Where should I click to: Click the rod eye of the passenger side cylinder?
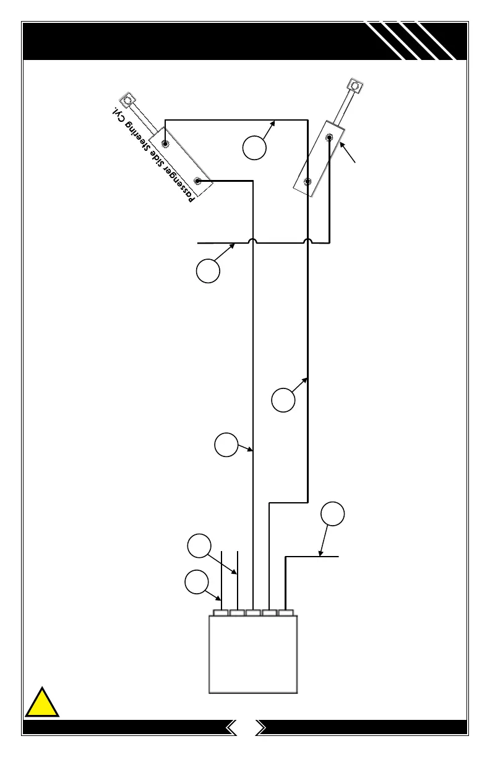(x=128, y=100)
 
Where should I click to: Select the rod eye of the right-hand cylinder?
(x=355, y=85)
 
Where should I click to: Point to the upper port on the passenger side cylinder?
(x=165, y=144)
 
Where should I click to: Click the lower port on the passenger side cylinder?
(x=197, y=181)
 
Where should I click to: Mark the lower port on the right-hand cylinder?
(x=308, y=182)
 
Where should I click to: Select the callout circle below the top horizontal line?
(x=254, y=148)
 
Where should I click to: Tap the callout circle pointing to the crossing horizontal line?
(x=208, y=271)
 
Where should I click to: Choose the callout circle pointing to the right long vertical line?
(x=283, y=400)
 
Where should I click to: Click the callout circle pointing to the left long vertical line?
(x=226, y=445)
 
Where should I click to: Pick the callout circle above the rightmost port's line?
(x=332, y=515)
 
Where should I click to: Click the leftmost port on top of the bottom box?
(x=221, y=613)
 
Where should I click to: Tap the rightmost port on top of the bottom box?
(x=285, y=613)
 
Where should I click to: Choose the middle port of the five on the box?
(x=253, y=613)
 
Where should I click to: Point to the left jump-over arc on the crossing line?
(x=254, y=241)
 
